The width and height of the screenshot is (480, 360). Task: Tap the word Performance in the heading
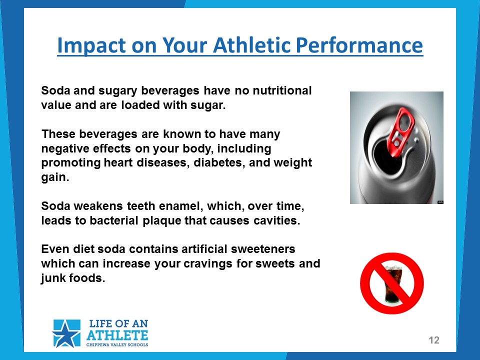[359, 45]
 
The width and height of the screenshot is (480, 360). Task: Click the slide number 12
[434, 340]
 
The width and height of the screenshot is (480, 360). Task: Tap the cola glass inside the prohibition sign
[393, 284]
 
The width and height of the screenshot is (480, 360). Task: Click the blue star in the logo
[66, 333]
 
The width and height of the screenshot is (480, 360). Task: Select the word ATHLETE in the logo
[117, 335]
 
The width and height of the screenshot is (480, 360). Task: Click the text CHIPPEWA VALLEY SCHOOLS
[117, 344]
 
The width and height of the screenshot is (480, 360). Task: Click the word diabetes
[219, 162]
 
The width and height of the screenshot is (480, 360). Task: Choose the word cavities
[276, 220]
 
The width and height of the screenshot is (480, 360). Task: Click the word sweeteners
[263, 249]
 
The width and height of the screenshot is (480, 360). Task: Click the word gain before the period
[53, 177]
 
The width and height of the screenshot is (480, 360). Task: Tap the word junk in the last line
[53, 278]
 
